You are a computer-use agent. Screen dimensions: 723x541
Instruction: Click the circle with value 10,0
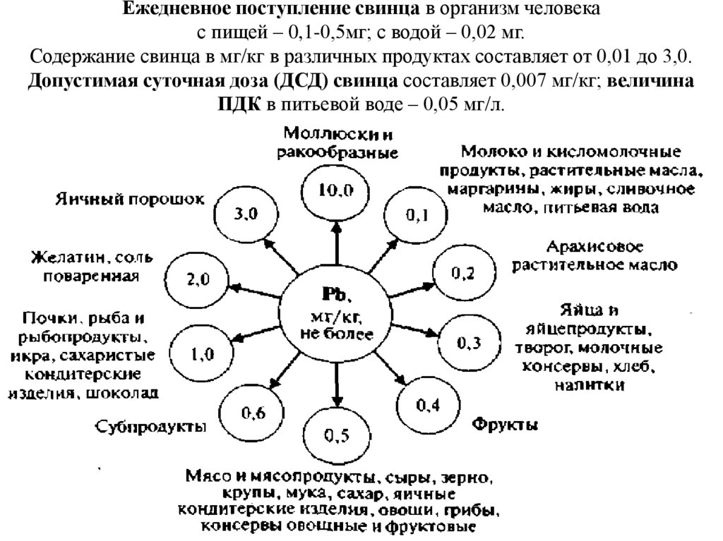336,188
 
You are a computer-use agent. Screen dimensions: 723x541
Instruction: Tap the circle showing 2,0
197,279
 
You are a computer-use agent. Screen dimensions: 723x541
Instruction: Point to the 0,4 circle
427,405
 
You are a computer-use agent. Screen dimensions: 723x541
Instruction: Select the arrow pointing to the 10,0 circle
337,244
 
